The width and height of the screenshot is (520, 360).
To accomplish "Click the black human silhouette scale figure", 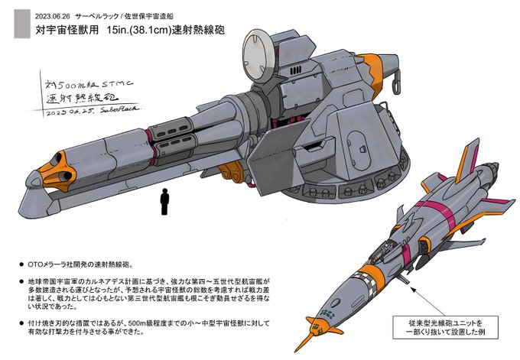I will [x=164, y=203].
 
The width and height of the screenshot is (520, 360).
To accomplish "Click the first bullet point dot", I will [x=21, y=264].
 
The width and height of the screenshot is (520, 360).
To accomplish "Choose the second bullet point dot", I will [x=21, y=282].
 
